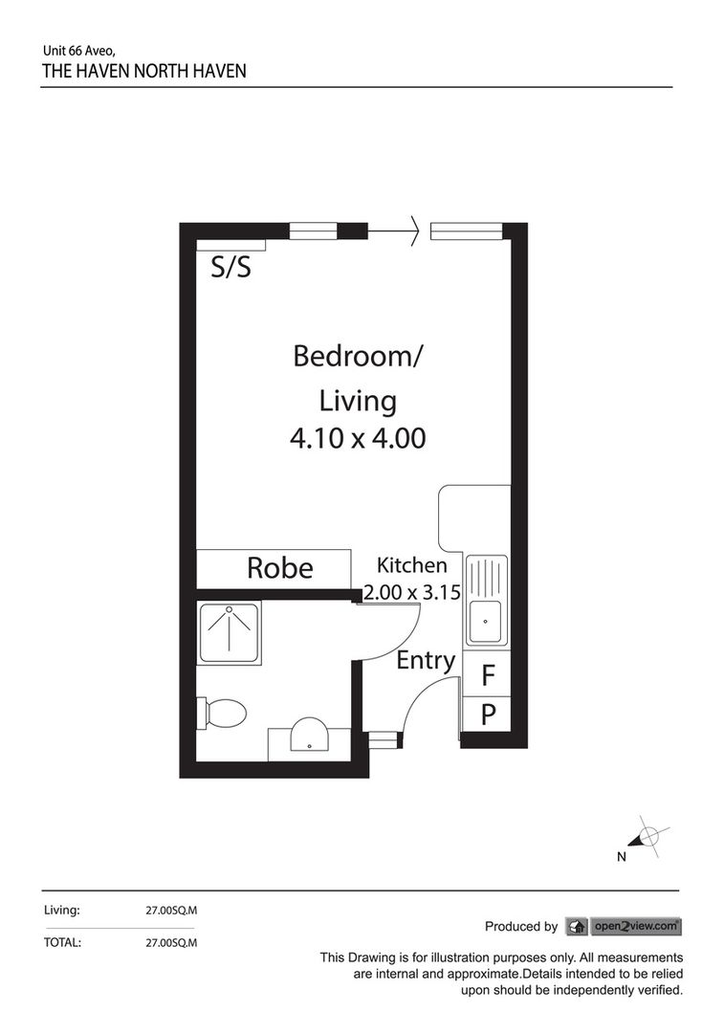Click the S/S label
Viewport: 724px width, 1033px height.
click(230, 268)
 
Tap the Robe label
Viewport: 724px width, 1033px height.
click(279, 568)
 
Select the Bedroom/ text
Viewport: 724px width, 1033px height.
click(357, 357)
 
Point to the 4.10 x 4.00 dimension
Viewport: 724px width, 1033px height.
click(357, 438)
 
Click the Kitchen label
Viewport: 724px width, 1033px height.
click(411, 564)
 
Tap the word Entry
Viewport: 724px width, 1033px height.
click(426, 660)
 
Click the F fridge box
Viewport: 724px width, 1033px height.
click(487, 677)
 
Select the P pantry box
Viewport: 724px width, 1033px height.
click(487, 714)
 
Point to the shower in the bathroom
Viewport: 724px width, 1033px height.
click(229, 632)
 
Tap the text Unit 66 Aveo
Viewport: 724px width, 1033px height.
click(79, 50)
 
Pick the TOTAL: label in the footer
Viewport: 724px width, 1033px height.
click(62, 942)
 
